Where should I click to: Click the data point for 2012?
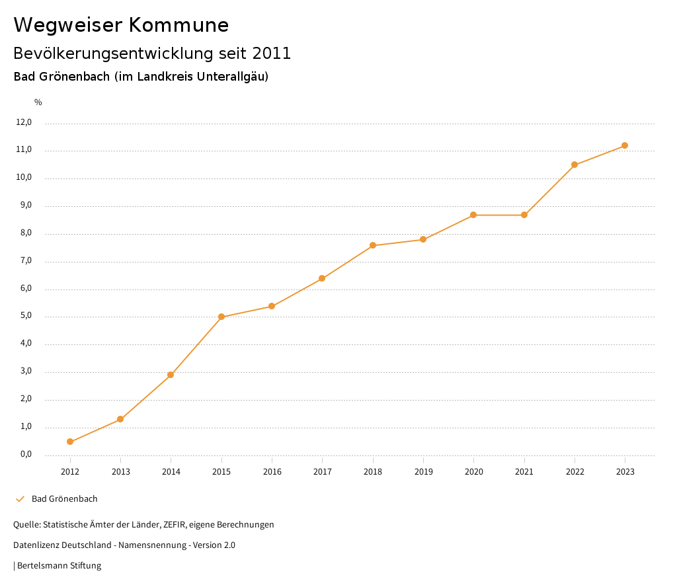[70, 442]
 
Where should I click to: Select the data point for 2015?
[221, 317]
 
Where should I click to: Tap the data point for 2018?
[373, 245]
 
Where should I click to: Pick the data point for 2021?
[524, 215]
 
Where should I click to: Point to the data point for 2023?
[625, 145]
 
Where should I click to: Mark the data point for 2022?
[575, 165]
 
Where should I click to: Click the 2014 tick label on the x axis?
[171, 471]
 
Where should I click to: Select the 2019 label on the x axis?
[423, 471]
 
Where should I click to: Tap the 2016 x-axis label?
[272, 471]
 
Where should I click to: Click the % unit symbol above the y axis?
[38, 102]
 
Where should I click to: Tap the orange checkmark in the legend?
[20, 498]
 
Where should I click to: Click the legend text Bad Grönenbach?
[64, 498]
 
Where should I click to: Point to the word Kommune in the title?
[179, 25]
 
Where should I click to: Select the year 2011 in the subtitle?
[271, 53]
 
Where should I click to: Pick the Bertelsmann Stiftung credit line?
[58, 565]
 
